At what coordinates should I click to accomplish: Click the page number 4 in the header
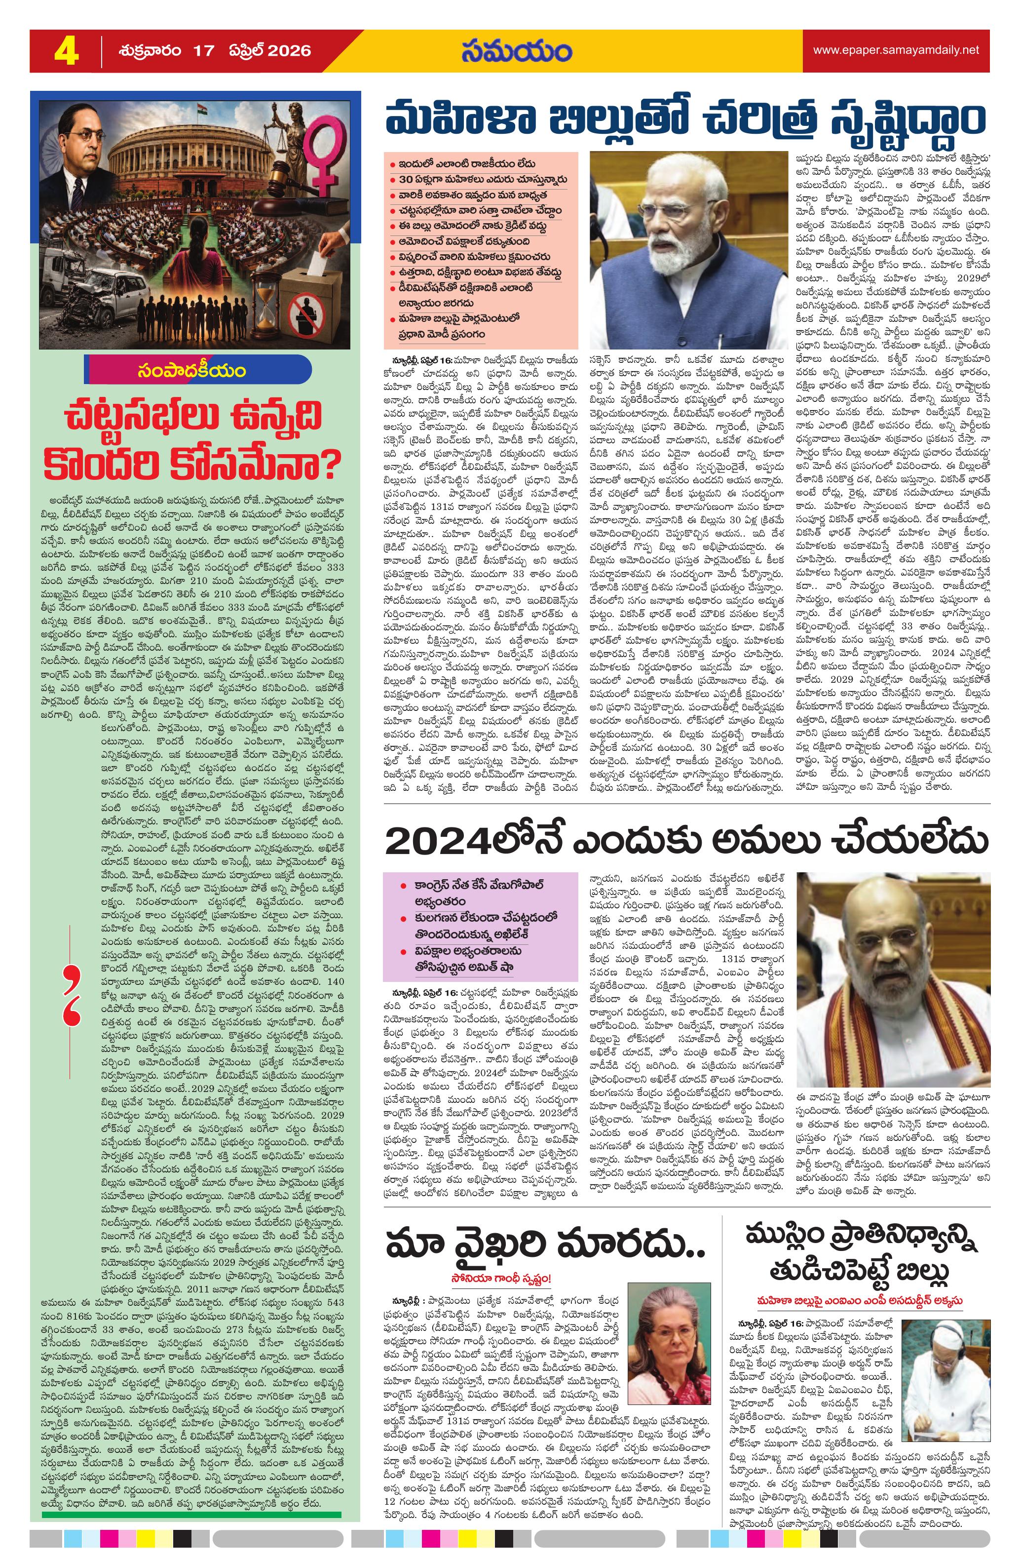[66, 51]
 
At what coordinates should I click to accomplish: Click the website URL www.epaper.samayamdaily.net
[896, 50]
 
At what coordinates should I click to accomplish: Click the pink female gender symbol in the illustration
[324, 154]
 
